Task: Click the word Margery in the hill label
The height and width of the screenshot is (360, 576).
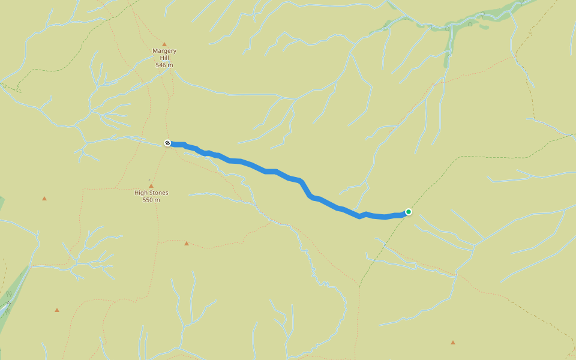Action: point(164,51)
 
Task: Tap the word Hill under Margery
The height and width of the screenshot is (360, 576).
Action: point(164,58)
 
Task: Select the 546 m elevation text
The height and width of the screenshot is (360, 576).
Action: point(164,65)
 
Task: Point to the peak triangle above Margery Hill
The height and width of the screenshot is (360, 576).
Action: point(164,44)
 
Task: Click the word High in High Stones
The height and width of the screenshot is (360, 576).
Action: point(142,193)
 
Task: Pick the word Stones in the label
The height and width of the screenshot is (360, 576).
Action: point(158,193)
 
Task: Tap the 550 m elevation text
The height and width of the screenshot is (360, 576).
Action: point(151,200)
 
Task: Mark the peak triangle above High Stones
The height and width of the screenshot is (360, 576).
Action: point(151,186)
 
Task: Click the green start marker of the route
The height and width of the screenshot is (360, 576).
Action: point(409,211)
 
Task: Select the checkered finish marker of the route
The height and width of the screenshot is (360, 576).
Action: point(167,143)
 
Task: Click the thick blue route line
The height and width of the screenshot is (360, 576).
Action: point(270,172)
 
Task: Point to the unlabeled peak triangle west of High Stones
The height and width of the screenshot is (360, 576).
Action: point(44,198)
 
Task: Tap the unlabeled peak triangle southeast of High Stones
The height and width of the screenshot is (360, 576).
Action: point(187,243)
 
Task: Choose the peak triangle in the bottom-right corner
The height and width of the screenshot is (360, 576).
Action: point(453,342)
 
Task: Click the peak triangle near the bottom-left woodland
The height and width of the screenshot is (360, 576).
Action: point(57,310)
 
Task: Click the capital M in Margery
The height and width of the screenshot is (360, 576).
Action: point(155,51)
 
